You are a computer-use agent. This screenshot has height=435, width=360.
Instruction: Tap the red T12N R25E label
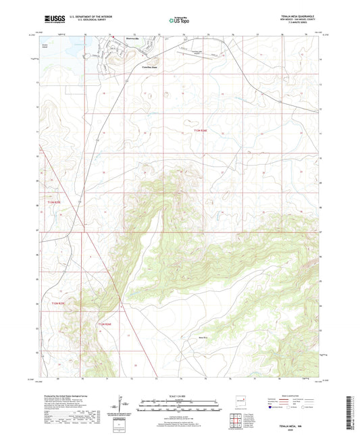(61, 303)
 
